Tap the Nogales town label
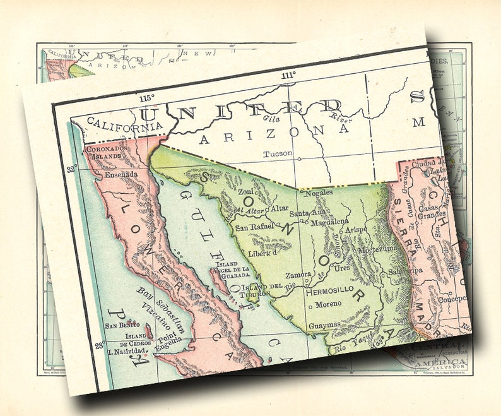click(318, 177)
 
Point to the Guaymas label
click(324, 324)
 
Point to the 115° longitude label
click(147, 98)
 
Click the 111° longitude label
click(288, 76)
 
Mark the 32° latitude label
click(73, 169)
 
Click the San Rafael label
click(253, 226)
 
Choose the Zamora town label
click(298, 276)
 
